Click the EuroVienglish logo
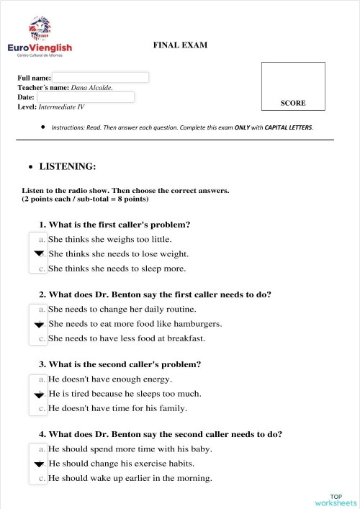coord(39,40)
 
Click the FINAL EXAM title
coord(180,45)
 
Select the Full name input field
coord(100,77)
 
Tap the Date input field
coord(86,96)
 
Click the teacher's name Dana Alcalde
coord(91,87)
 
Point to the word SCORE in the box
coord(293,103)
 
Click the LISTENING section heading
coord(67,166)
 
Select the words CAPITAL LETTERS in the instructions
coord(287,127)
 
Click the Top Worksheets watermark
coord(336,500)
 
